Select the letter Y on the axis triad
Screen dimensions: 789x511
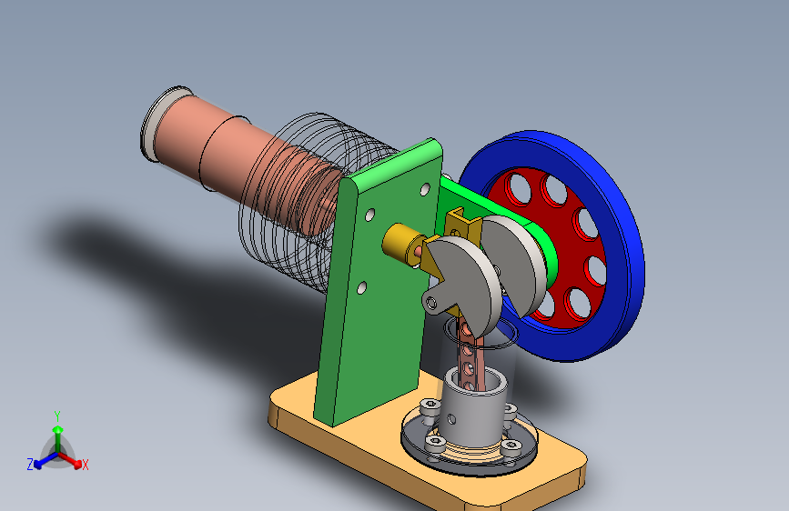pos(57,416)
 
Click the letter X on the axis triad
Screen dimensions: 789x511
pos(85,465)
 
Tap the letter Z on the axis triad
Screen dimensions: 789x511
pos(30,465)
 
